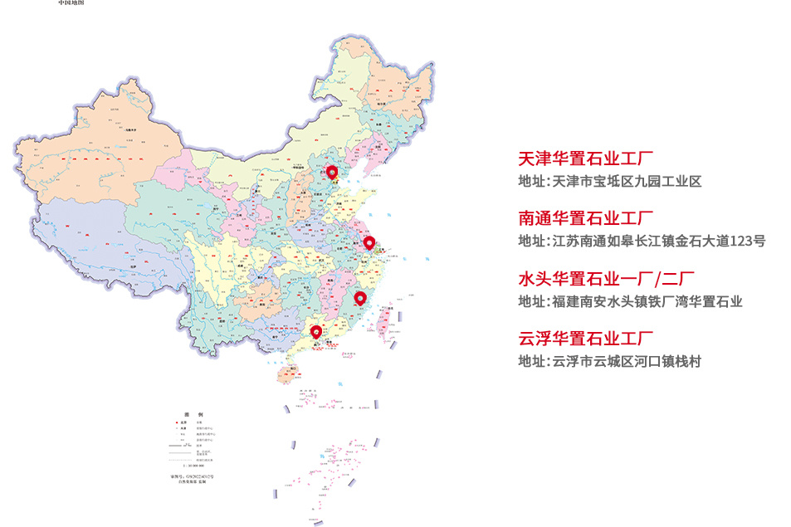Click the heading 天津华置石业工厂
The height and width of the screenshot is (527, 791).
586,159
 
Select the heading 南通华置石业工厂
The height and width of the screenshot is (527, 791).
586,219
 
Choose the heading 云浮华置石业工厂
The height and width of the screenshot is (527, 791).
586,339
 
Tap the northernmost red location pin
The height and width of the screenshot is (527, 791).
332,172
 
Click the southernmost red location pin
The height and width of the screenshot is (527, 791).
316,332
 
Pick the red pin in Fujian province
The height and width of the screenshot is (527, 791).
359,298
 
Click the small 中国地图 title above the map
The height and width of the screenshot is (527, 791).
71,3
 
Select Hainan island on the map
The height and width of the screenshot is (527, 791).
285,374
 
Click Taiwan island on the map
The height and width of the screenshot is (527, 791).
384,320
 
